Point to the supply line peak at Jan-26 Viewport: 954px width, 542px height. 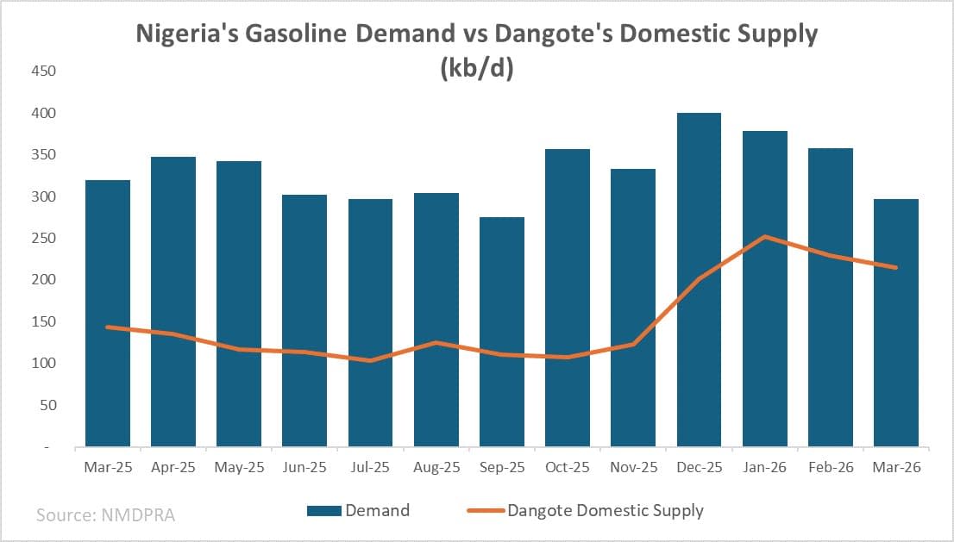764,236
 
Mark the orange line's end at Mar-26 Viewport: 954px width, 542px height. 896,267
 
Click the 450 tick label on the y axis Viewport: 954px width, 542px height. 42,72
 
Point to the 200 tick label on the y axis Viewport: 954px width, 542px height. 42,280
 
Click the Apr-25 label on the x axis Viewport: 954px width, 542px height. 173,468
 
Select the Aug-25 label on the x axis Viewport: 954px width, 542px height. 436,468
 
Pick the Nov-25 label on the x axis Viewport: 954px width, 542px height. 633,468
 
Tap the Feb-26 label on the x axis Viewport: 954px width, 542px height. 830,468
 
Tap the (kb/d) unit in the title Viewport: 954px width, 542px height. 477,68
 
